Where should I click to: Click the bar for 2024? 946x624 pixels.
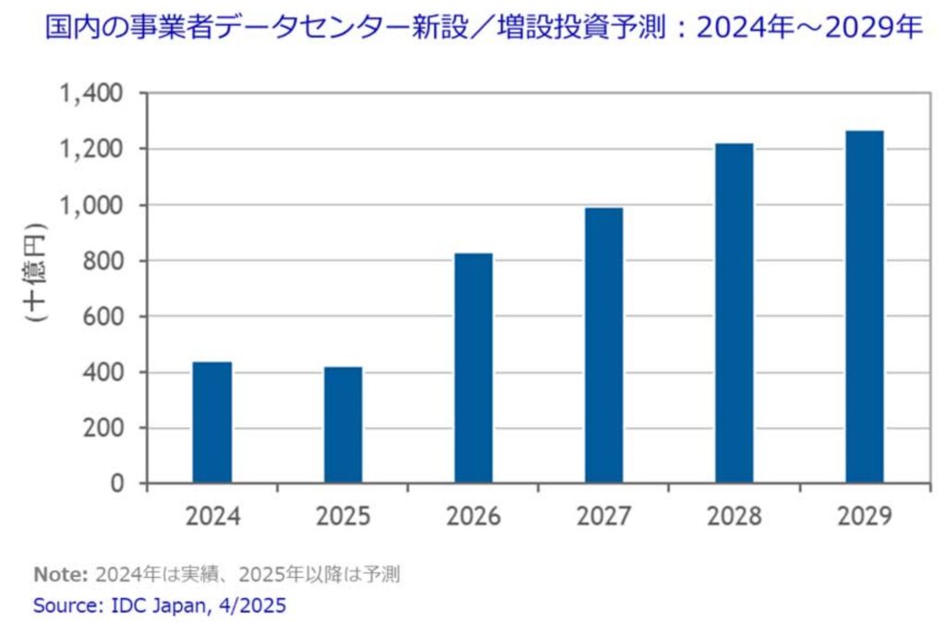point(212,422)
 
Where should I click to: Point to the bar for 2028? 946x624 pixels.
point(734,313)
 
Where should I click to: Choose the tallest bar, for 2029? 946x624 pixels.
point(865,307)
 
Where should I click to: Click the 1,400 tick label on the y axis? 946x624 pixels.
point(91,93)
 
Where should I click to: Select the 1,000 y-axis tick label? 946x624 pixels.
point(91,205)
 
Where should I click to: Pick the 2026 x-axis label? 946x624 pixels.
point(474,515)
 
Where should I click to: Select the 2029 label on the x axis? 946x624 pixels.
point(865,515)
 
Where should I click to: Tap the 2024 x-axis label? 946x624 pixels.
point(212,515)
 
